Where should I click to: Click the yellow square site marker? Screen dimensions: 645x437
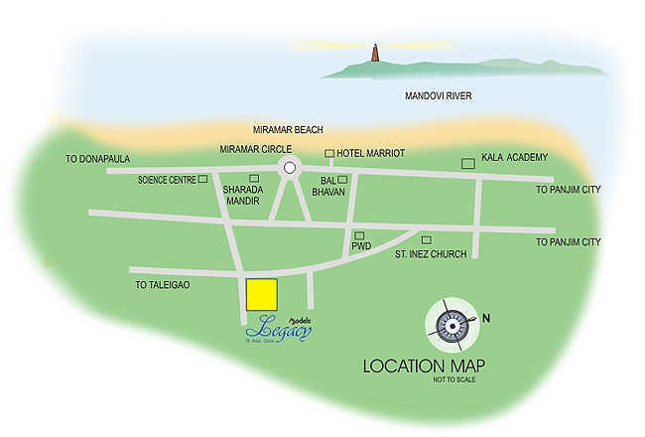click(261, 294)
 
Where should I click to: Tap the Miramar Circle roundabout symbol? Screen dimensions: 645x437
click(289, 168)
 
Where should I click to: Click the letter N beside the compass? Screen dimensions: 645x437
click(486, 318)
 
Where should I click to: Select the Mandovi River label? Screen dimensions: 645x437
click(438, 96)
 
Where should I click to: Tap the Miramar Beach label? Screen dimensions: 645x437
click(289, 130)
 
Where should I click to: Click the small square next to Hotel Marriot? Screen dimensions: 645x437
click(328, 153)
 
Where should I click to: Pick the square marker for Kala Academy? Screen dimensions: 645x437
click(467, 163)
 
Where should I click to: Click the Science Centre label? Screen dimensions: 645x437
click(166, 180)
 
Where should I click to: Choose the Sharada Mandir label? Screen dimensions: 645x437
click(242, 194)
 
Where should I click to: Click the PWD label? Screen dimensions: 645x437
click(361, 245)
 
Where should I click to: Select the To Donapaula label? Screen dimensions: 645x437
click(97, 159)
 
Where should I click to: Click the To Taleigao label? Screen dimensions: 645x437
click(162, 284)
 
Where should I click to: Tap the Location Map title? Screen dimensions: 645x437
click(424, 364)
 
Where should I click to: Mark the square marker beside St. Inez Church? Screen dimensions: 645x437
click(426, 240)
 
